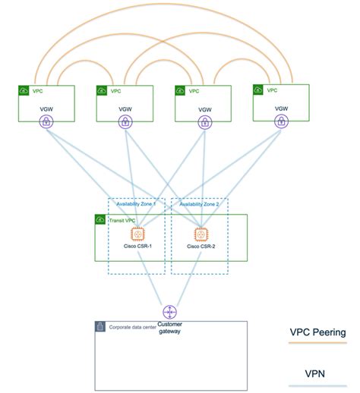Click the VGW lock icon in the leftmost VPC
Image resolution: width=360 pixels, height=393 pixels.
45,122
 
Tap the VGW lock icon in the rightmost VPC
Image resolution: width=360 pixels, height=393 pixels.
281,121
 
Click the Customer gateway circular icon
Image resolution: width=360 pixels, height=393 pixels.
169,312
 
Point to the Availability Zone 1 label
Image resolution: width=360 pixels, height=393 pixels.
136,204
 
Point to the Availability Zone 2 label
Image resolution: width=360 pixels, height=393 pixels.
198,204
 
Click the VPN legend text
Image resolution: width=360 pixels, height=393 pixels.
318,373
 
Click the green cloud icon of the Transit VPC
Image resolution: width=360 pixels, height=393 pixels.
100,219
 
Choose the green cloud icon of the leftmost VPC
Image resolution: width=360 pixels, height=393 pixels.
23,90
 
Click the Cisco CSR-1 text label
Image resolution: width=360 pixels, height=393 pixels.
137,247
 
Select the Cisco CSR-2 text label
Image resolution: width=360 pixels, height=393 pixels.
201,247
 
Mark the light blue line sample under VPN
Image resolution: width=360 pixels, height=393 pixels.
318,385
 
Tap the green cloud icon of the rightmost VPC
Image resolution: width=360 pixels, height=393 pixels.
259,90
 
